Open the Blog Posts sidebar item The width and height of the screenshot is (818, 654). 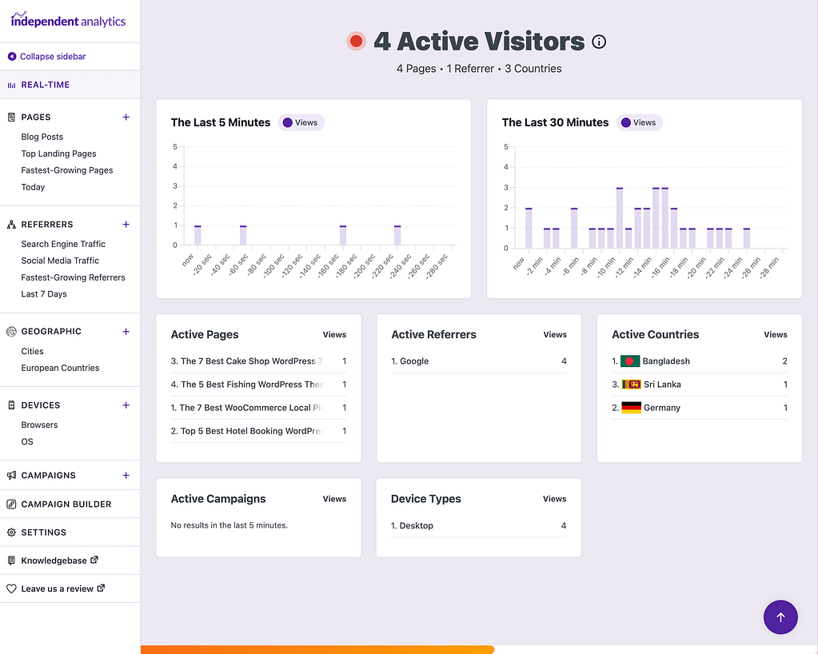point(42,137)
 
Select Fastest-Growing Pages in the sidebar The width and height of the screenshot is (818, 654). point(67,170)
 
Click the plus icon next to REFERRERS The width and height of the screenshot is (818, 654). point(126,225)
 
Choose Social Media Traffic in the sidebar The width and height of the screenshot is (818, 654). point(60,261)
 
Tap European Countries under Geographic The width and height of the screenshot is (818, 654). point(60,368)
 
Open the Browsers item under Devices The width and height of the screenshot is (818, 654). point(39,425)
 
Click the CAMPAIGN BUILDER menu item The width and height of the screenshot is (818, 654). point(66,504)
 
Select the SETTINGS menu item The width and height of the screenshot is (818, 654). point(43,532)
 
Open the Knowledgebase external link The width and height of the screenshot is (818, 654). point(54,560)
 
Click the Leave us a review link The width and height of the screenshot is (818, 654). point(57,588)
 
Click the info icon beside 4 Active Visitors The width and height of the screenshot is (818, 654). point(599,42)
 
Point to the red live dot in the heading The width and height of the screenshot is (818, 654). point(357,42)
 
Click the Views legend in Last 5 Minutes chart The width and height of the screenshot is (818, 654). point(301,122)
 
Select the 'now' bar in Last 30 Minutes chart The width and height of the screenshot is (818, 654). point(529,228)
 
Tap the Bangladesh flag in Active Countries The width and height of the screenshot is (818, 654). point(630,361)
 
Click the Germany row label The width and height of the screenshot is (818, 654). point(662,408)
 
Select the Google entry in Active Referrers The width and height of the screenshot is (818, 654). point(414,361)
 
